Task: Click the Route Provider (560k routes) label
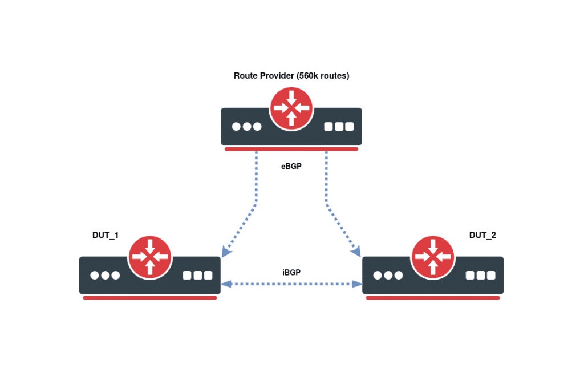coord(291,75)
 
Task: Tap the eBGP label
coord(291,167)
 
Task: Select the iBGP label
coord(291,273)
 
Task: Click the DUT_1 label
coord(106,235)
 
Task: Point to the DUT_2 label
coord(482,235)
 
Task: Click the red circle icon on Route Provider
coord(291,107)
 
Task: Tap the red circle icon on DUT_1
coord(150,257)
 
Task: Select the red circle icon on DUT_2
coord(433,257)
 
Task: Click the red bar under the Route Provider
coord(291,149)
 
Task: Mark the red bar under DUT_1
coord(150,298)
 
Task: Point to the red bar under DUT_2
coord(433,298)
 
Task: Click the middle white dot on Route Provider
coord(247,127)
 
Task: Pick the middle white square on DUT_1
coord(198,276)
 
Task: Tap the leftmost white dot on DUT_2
coord(378,276)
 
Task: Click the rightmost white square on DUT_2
coord(492,276)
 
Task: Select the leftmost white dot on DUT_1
coord(95,276)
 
